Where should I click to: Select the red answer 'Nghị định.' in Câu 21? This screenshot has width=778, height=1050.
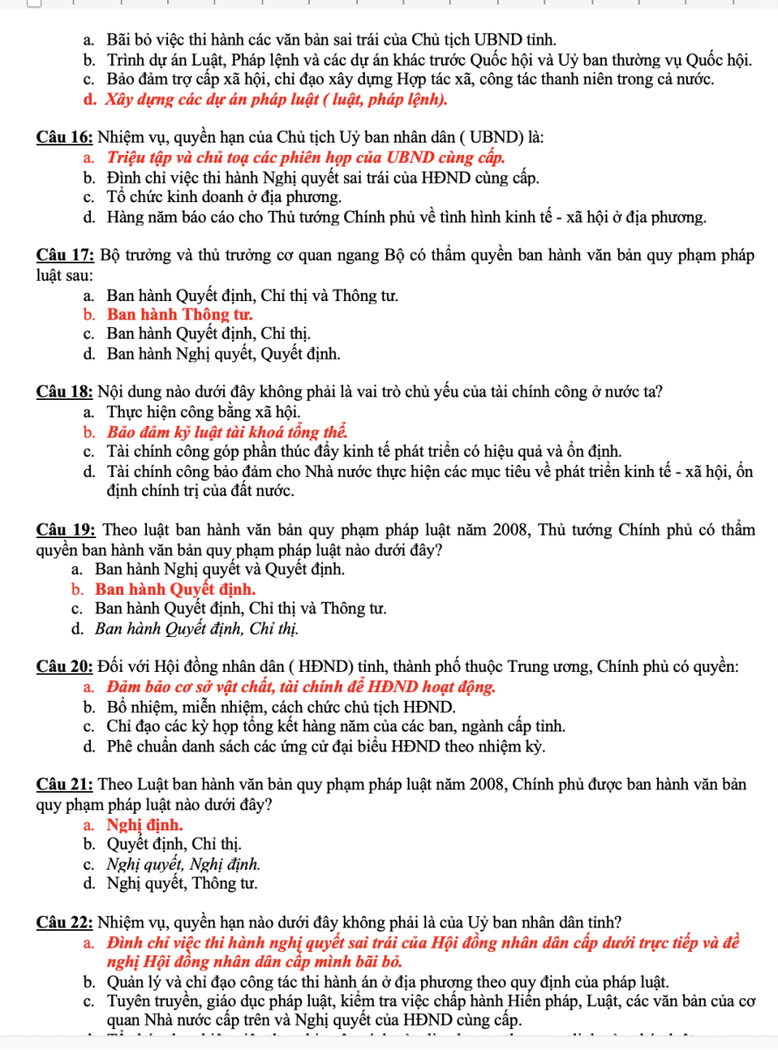pos(144,824)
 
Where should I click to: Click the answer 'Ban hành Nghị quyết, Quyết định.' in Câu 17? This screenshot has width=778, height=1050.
pos(224,353)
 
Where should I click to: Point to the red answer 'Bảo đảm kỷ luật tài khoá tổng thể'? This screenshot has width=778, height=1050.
pos(228,432)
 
